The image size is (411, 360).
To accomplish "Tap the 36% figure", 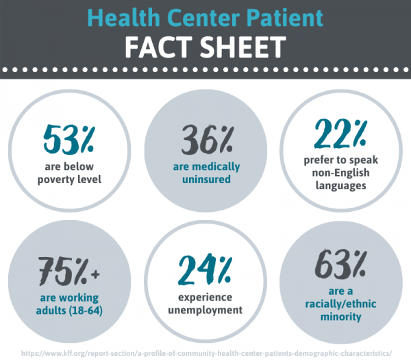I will click(x=205, y=141).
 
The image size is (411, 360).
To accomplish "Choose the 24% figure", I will click(x=205, y=270).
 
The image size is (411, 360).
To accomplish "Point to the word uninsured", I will click(x=205, y=180).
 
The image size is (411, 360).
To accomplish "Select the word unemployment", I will click(x=205, y=310).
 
